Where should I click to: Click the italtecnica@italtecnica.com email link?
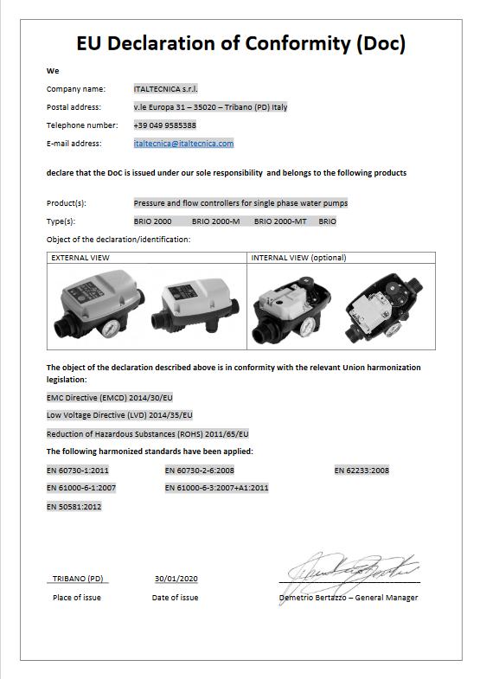click(x=183, y=144)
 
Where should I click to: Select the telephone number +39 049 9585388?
click(x=164, y=125)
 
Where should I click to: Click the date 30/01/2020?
click(x=176, y=579)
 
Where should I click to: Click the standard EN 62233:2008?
click(x=362, y=471)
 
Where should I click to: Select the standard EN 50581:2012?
click(x=74, y=507)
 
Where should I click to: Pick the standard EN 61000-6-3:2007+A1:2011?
click(x=216, y=489)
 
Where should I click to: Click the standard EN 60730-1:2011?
click(x=77, y=471)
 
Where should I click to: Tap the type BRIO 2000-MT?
click(x=280, y=222)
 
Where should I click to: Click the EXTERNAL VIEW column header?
click(x=80, y=258)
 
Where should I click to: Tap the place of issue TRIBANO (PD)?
click(x=78, y=579)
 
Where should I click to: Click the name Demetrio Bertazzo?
click(x=313, y=598)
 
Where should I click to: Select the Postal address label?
click(x=74, y=107)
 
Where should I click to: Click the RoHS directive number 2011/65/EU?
click(x=227, y=433)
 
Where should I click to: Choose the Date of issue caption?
click(x=175, y=598)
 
